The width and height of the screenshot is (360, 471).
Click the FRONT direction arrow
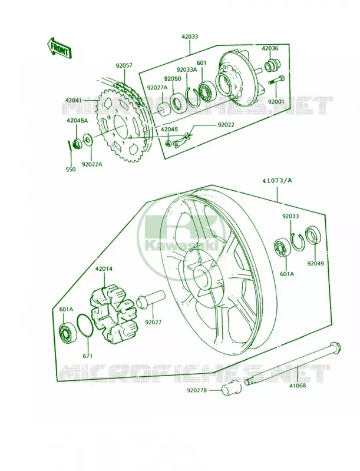tap(59, 48)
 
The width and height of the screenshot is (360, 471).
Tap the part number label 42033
tap(190, 37)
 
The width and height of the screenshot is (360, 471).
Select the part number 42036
tap(270, 49)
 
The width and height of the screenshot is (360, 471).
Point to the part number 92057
tap(124, 65)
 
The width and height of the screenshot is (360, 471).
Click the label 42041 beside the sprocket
tap(74, 99)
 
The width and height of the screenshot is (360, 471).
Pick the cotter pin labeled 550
tap(70, 145)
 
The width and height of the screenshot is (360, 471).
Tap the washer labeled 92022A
tap(87, 139)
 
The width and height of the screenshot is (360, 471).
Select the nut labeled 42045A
tap(77, 144)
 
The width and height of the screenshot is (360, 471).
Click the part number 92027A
tap(157, 88)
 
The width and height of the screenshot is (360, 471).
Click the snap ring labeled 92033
tap(298, 242)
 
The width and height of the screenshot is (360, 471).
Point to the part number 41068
tap(298, 385)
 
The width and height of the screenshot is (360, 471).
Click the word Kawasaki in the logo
tap(181, 246)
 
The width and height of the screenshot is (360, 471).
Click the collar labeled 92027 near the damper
tap(151, 298)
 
